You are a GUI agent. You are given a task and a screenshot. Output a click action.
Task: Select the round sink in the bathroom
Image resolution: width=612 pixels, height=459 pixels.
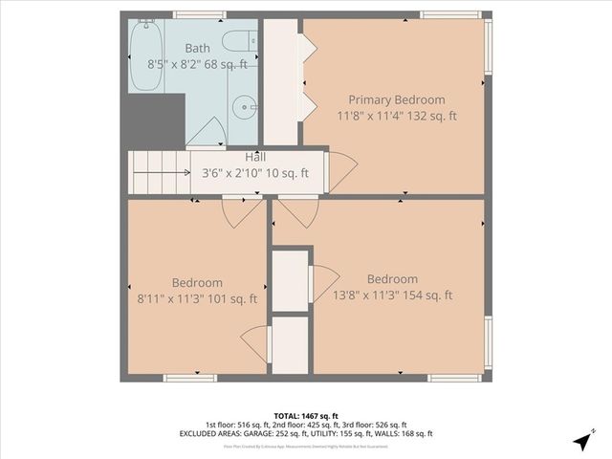(245, 105)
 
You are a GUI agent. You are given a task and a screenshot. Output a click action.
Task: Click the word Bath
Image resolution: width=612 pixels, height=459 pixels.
(198, 49)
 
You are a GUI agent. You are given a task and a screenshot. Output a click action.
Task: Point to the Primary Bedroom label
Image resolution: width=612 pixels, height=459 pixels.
(396, 99)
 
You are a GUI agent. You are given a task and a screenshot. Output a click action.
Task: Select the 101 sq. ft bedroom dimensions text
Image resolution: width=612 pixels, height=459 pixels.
(197, 298)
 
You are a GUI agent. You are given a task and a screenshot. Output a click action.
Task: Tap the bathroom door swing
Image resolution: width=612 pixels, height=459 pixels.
(211, 133)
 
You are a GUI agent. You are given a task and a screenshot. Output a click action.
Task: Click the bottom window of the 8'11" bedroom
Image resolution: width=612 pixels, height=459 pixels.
(190, 378)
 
